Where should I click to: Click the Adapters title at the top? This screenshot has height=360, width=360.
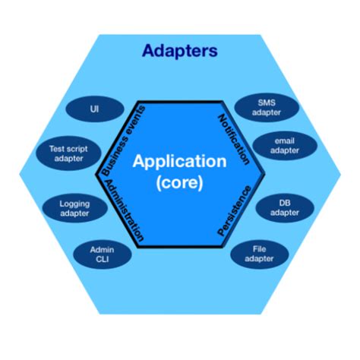(179, 52)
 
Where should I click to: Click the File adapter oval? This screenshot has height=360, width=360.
(259, 254)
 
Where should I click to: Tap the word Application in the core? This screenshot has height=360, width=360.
(179, 162)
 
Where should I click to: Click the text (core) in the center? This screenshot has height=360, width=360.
(179, 182)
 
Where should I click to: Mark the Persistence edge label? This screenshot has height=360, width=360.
(235, 212)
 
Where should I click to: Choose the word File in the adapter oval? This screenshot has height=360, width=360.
(259, 249)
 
